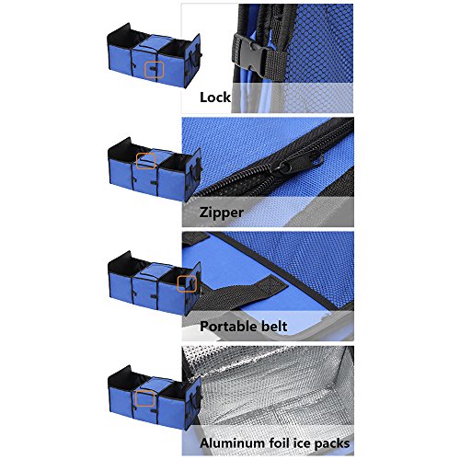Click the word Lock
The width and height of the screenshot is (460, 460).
215,98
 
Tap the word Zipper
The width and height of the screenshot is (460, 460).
222,213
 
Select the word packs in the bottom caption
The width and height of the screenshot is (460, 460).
332,443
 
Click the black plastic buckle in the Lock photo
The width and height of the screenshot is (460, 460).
249,55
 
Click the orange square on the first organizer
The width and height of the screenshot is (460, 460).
155,69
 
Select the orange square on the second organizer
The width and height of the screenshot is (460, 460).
146,161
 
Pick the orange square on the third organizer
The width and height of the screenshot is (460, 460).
187,283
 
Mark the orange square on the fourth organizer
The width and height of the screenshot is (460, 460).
144,398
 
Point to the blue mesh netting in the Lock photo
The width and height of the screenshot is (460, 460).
320,43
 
